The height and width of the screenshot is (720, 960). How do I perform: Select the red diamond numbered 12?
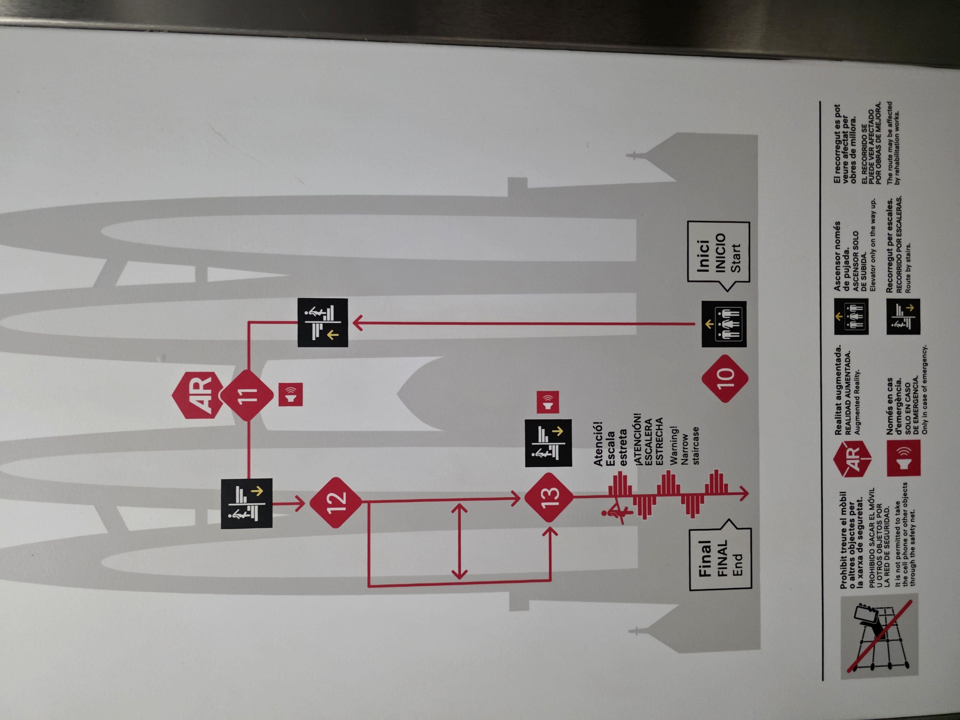336,503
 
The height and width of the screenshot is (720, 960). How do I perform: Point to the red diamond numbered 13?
549,497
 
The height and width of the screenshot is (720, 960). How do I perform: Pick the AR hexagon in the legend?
852,458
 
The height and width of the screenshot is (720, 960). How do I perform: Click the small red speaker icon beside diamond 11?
290,395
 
